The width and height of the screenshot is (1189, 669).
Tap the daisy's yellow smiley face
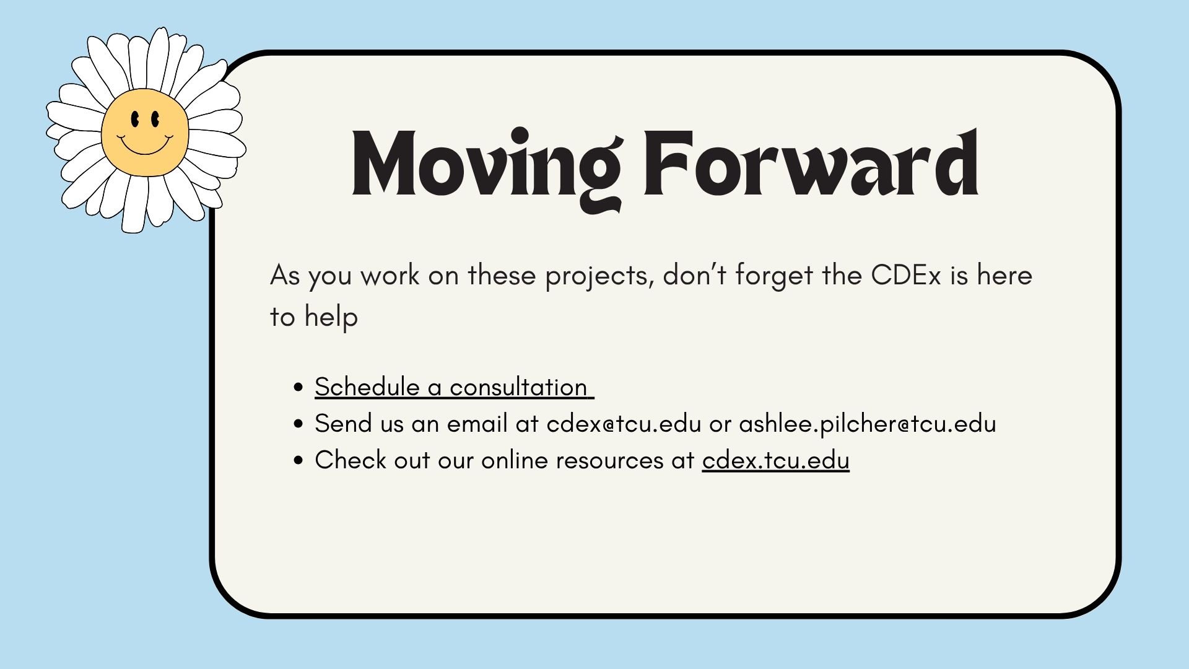[145, 133]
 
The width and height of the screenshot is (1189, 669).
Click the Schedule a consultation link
[454, 387]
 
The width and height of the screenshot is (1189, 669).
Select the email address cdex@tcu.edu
[624, 424]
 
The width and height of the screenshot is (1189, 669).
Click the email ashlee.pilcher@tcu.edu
[868, 424]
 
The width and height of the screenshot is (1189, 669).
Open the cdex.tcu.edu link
[775, 460]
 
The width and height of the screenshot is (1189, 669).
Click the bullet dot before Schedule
[299, 388]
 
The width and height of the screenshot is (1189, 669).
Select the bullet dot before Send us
[299, 424]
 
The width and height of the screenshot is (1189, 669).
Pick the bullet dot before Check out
[299, 461]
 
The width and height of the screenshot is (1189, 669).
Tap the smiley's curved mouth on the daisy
[145, 146]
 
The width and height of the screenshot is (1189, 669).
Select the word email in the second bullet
[481, 424]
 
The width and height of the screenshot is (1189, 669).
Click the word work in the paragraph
[390, 275]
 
